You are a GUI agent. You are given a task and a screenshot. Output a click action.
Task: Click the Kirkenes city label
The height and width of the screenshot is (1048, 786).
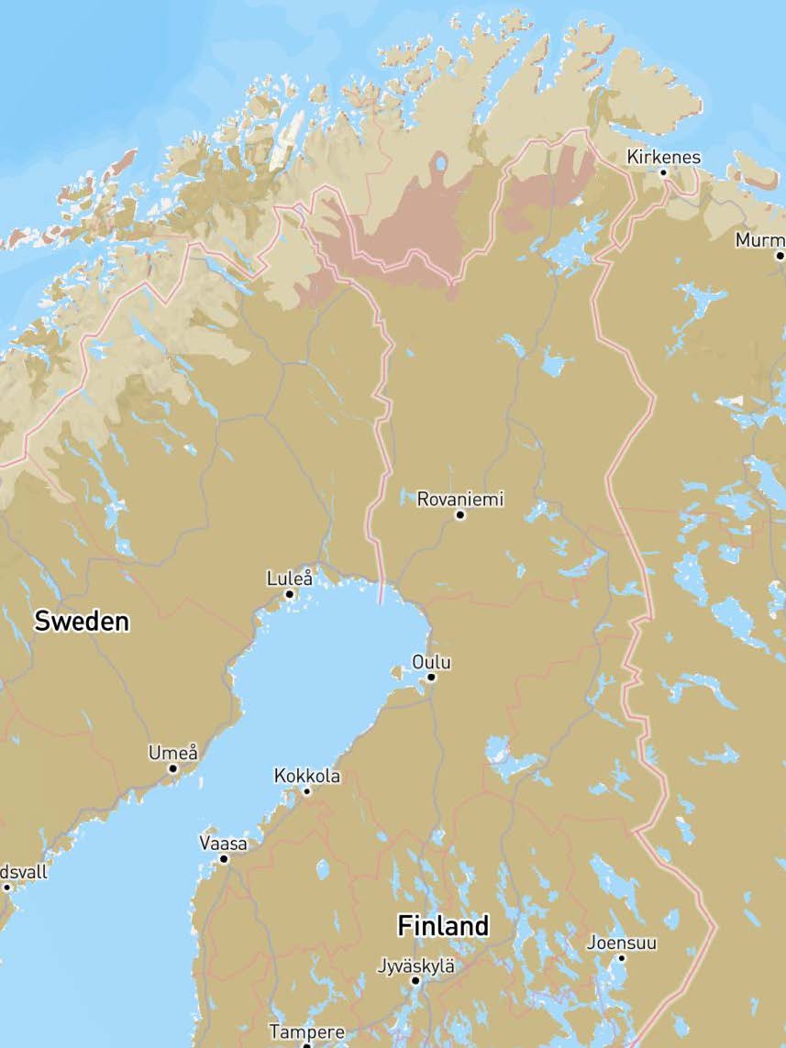coord(663,157)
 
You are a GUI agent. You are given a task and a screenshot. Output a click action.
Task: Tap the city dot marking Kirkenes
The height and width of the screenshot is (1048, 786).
coord(663,171)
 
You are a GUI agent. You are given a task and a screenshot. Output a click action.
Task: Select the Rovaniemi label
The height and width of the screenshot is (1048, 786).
coord(459,500)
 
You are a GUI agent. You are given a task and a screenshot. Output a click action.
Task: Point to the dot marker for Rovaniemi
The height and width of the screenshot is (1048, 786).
coord(460,515)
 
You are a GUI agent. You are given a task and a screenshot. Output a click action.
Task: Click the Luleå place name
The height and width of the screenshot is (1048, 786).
coord(289,579)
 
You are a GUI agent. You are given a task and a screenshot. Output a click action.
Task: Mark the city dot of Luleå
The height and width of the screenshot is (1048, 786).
coord(289,594)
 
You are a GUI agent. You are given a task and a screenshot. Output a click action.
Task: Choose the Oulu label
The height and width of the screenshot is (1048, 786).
coord(431,662)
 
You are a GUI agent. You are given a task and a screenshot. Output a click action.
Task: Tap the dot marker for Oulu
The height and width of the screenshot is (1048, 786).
coord(431,678)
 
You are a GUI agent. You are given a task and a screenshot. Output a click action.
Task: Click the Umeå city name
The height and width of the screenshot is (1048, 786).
coord(172,753)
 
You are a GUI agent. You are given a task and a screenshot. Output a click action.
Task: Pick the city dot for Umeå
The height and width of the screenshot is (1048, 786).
coord(172,768)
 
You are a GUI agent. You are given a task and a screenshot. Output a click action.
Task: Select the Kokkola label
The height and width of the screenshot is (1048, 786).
coord(306,777)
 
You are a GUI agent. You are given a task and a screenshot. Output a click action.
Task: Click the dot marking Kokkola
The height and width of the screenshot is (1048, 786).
coord(306,791)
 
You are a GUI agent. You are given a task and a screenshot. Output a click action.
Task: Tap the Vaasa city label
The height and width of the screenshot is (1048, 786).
coord(223,844)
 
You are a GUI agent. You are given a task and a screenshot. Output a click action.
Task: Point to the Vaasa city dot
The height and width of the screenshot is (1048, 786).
coord(223,859)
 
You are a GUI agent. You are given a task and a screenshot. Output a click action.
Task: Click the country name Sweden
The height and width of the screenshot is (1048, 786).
coord(82,621)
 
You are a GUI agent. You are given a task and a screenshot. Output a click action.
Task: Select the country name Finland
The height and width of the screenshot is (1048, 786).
coord(443,926)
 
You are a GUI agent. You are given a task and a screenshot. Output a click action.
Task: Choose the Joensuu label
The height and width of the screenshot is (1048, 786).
coord(622,943)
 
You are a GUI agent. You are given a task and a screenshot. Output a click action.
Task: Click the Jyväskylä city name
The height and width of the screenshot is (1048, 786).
coord(415,965)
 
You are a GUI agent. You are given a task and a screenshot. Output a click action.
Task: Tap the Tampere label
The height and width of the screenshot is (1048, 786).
coord(306,1032)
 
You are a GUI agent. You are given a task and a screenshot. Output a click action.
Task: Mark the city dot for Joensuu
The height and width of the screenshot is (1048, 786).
coord(621,958)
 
